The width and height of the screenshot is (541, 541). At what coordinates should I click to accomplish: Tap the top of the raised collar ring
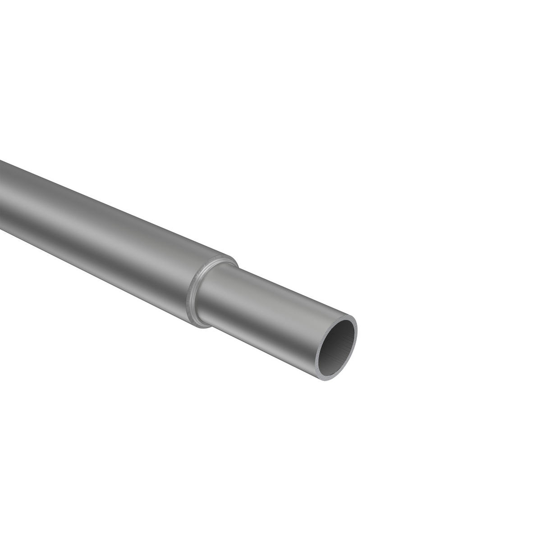pyautogui.click(x=225, y=258)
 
